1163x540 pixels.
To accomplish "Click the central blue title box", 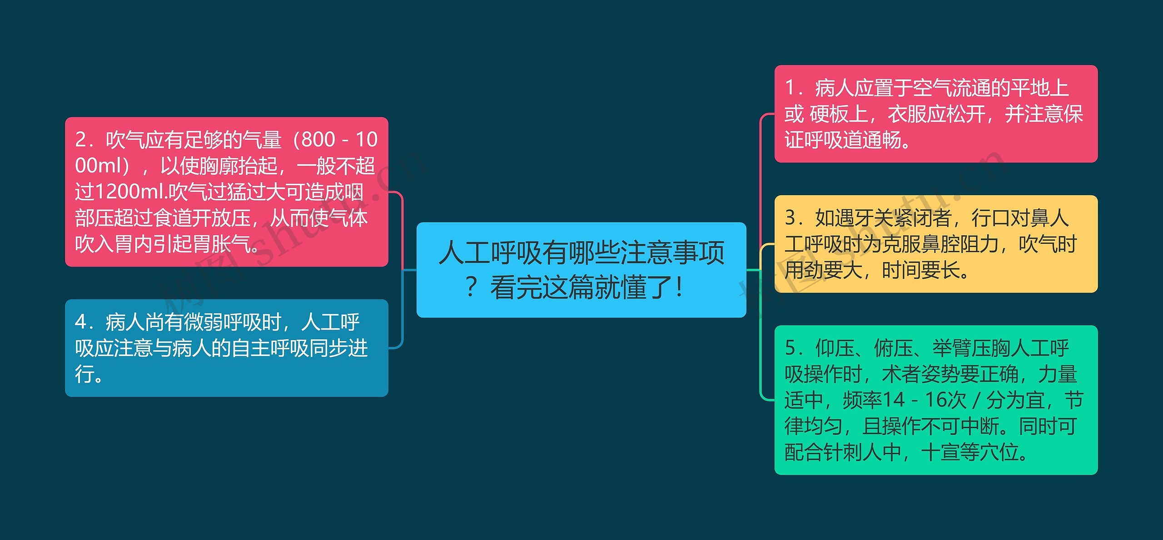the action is tap(581, 269).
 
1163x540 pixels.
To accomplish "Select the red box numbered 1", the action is tap(935, 114).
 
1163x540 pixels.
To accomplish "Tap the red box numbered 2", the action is tap(226, 192).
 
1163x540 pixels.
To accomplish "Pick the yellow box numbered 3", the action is tap(935, 244).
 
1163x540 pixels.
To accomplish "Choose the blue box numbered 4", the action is tap(226, 348).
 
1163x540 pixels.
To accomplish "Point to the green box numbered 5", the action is tap(935, 400).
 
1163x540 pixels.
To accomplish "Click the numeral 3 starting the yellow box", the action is tap(790, 218).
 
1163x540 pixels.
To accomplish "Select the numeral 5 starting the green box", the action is tap(790, 348).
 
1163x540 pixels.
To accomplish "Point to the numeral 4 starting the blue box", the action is tap(80, 322).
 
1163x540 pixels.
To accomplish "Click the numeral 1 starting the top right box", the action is tap(790, 88).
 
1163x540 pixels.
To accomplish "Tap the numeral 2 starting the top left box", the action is tap(80, 139).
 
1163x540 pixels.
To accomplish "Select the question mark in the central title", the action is tap(471, 287).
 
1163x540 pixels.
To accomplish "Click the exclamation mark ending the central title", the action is tap(679, 287).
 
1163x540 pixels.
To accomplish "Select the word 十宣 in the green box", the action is tap(940, 452).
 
